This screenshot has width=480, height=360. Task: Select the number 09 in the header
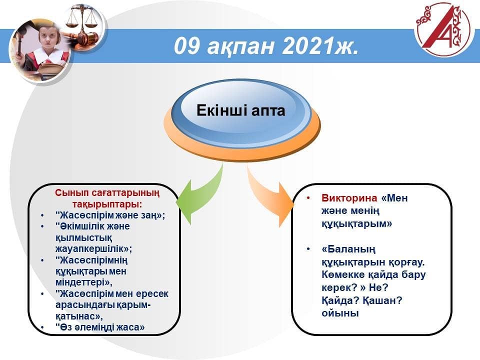coord(186,46)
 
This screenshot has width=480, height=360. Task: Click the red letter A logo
coord(443,29)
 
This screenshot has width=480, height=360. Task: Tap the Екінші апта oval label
coord(240,110)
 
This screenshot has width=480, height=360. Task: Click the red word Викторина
coord(349,198)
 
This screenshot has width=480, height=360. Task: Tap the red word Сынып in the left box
coord(67,193)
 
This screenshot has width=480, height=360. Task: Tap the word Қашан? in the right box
coord(382,300)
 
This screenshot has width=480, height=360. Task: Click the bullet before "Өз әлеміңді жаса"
coord(42,327)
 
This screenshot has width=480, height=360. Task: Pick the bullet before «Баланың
coord(308,249)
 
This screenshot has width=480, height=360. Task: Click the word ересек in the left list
coord(152,294)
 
